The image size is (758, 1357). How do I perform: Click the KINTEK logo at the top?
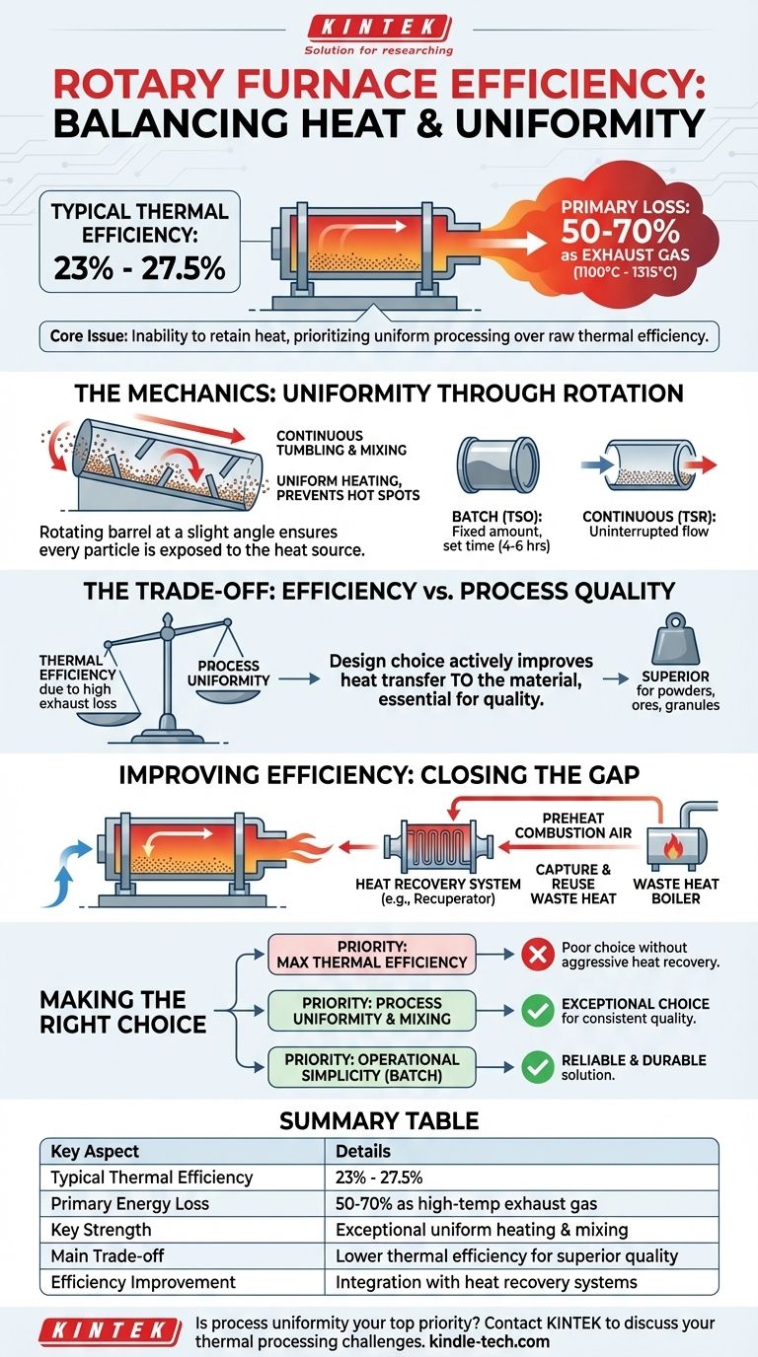(x=379, y=28)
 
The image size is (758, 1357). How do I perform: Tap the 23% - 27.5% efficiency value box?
(x=139, y=242)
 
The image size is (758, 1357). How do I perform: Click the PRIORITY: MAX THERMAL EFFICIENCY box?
(x=371, y=955)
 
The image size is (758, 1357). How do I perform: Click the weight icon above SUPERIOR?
(x=676, y=637)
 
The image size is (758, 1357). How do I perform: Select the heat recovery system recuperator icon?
(x=423, y=845)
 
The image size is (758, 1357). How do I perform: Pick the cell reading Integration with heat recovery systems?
(x=487, y=1282)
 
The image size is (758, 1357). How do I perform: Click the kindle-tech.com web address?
(x=493, y=1341)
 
